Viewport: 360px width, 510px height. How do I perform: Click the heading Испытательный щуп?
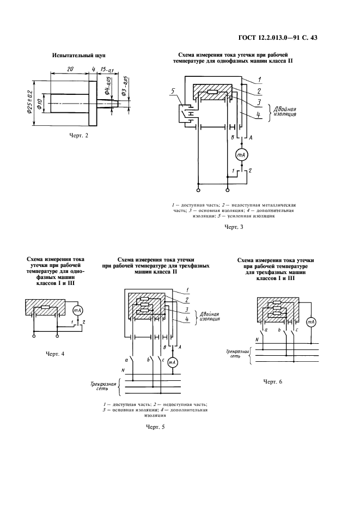[x=78, y=56]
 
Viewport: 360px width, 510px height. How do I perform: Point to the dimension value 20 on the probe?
[x=71, y=70]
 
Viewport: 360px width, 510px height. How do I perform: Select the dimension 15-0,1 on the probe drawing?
[x=106, y=70]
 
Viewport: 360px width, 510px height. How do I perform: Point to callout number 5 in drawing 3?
[x=174, y=91]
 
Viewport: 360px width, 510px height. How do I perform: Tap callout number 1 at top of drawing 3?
[x=260, y=80]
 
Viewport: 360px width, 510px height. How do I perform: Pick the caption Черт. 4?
[x=54, y=354]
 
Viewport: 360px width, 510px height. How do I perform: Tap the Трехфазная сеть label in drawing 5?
[x=105, y=386]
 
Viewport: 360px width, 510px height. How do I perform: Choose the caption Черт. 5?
[x=155, y=427]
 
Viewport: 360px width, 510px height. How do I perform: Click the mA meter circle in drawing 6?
[x=312, y=322]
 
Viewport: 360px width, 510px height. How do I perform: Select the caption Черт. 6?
[x=272, y=381]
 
